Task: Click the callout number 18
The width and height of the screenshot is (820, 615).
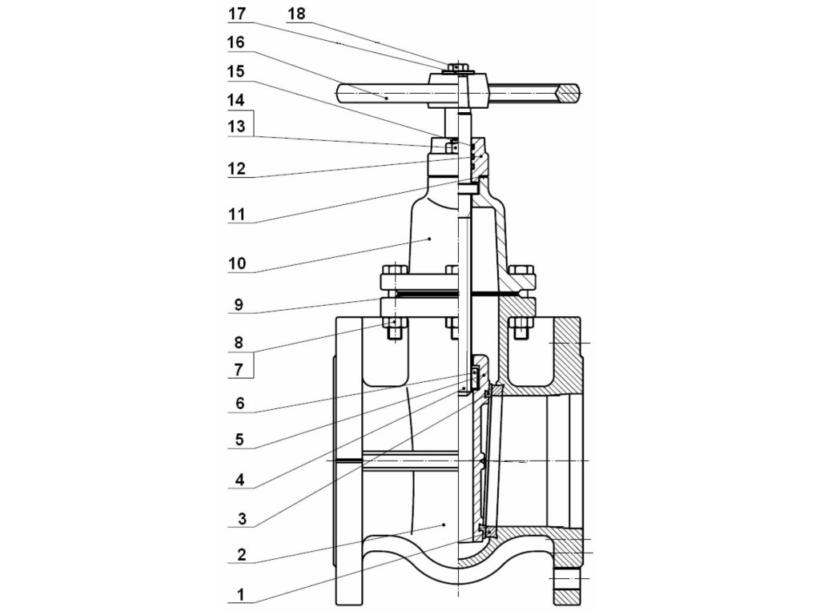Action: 296,14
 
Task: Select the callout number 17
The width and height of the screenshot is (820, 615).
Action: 237,14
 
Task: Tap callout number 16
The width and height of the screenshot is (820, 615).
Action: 236,42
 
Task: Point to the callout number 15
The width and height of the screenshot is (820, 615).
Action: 236,71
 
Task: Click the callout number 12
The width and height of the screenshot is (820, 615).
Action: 236,168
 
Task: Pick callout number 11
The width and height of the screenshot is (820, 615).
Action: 237,215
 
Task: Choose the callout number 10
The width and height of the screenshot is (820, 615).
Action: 237,263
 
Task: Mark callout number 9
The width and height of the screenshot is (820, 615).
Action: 239,304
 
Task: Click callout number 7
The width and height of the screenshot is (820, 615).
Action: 239,370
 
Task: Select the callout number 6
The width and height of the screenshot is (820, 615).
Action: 239,404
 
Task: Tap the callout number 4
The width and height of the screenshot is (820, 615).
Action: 239,479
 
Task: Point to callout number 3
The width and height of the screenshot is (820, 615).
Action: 241,519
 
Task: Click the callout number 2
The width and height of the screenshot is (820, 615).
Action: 241,554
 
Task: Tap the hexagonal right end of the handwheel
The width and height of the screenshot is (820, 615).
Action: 569,93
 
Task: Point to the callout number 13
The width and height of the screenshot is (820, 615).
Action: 236,127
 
